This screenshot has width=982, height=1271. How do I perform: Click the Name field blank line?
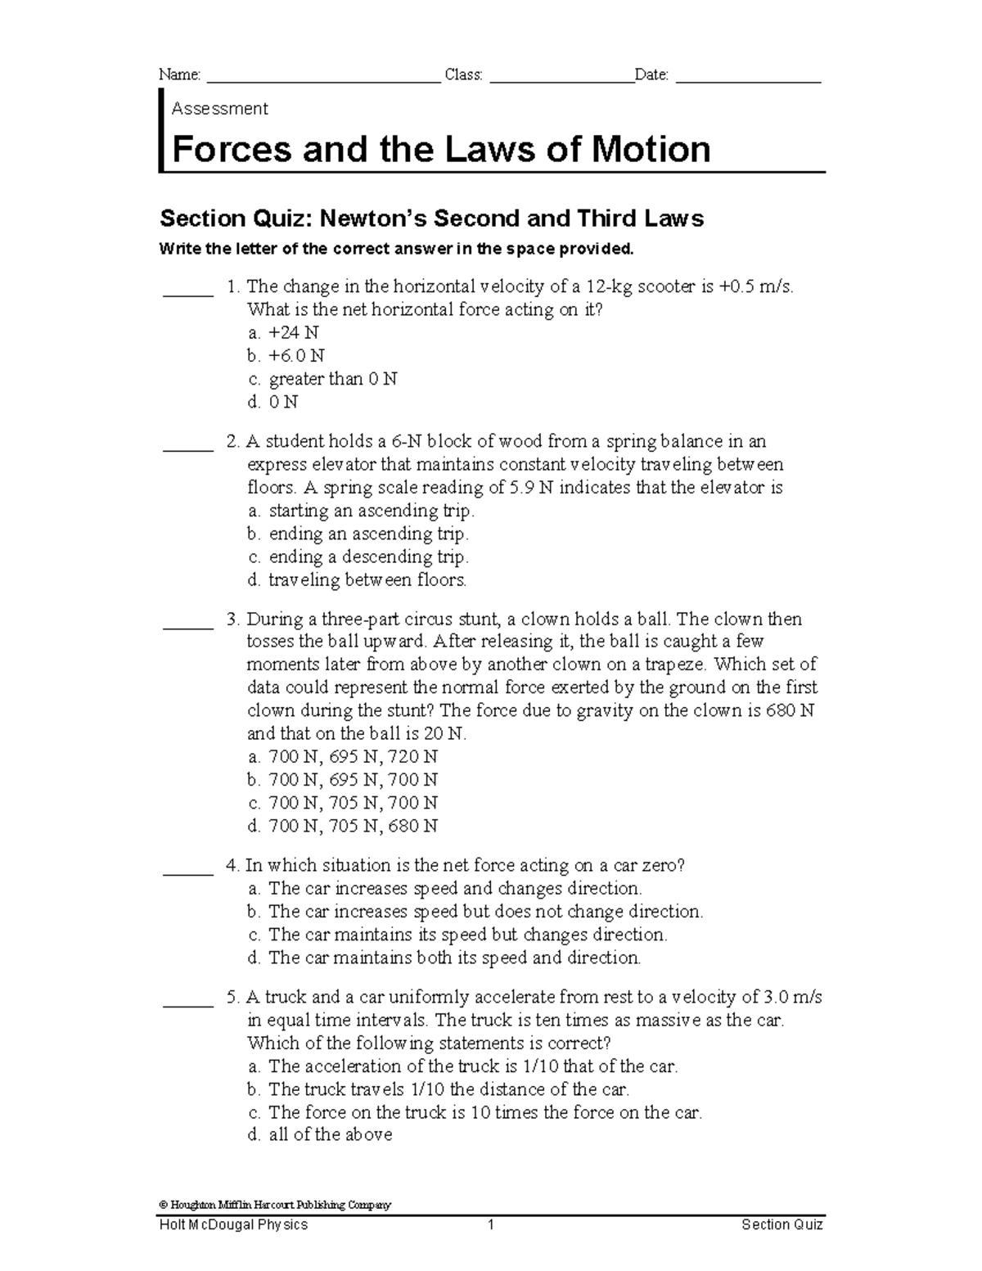[324, 79]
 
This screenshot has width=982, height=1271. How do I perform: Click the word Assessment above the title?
[219, 109]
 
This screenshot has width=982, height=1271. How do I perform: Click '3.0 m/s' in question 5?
[792, 998]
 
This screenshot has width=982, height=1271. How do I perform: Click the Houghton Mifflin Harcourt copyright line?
[276, 1205]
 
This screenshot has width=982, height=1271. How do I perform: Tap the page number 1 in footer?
[491, 1225]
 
